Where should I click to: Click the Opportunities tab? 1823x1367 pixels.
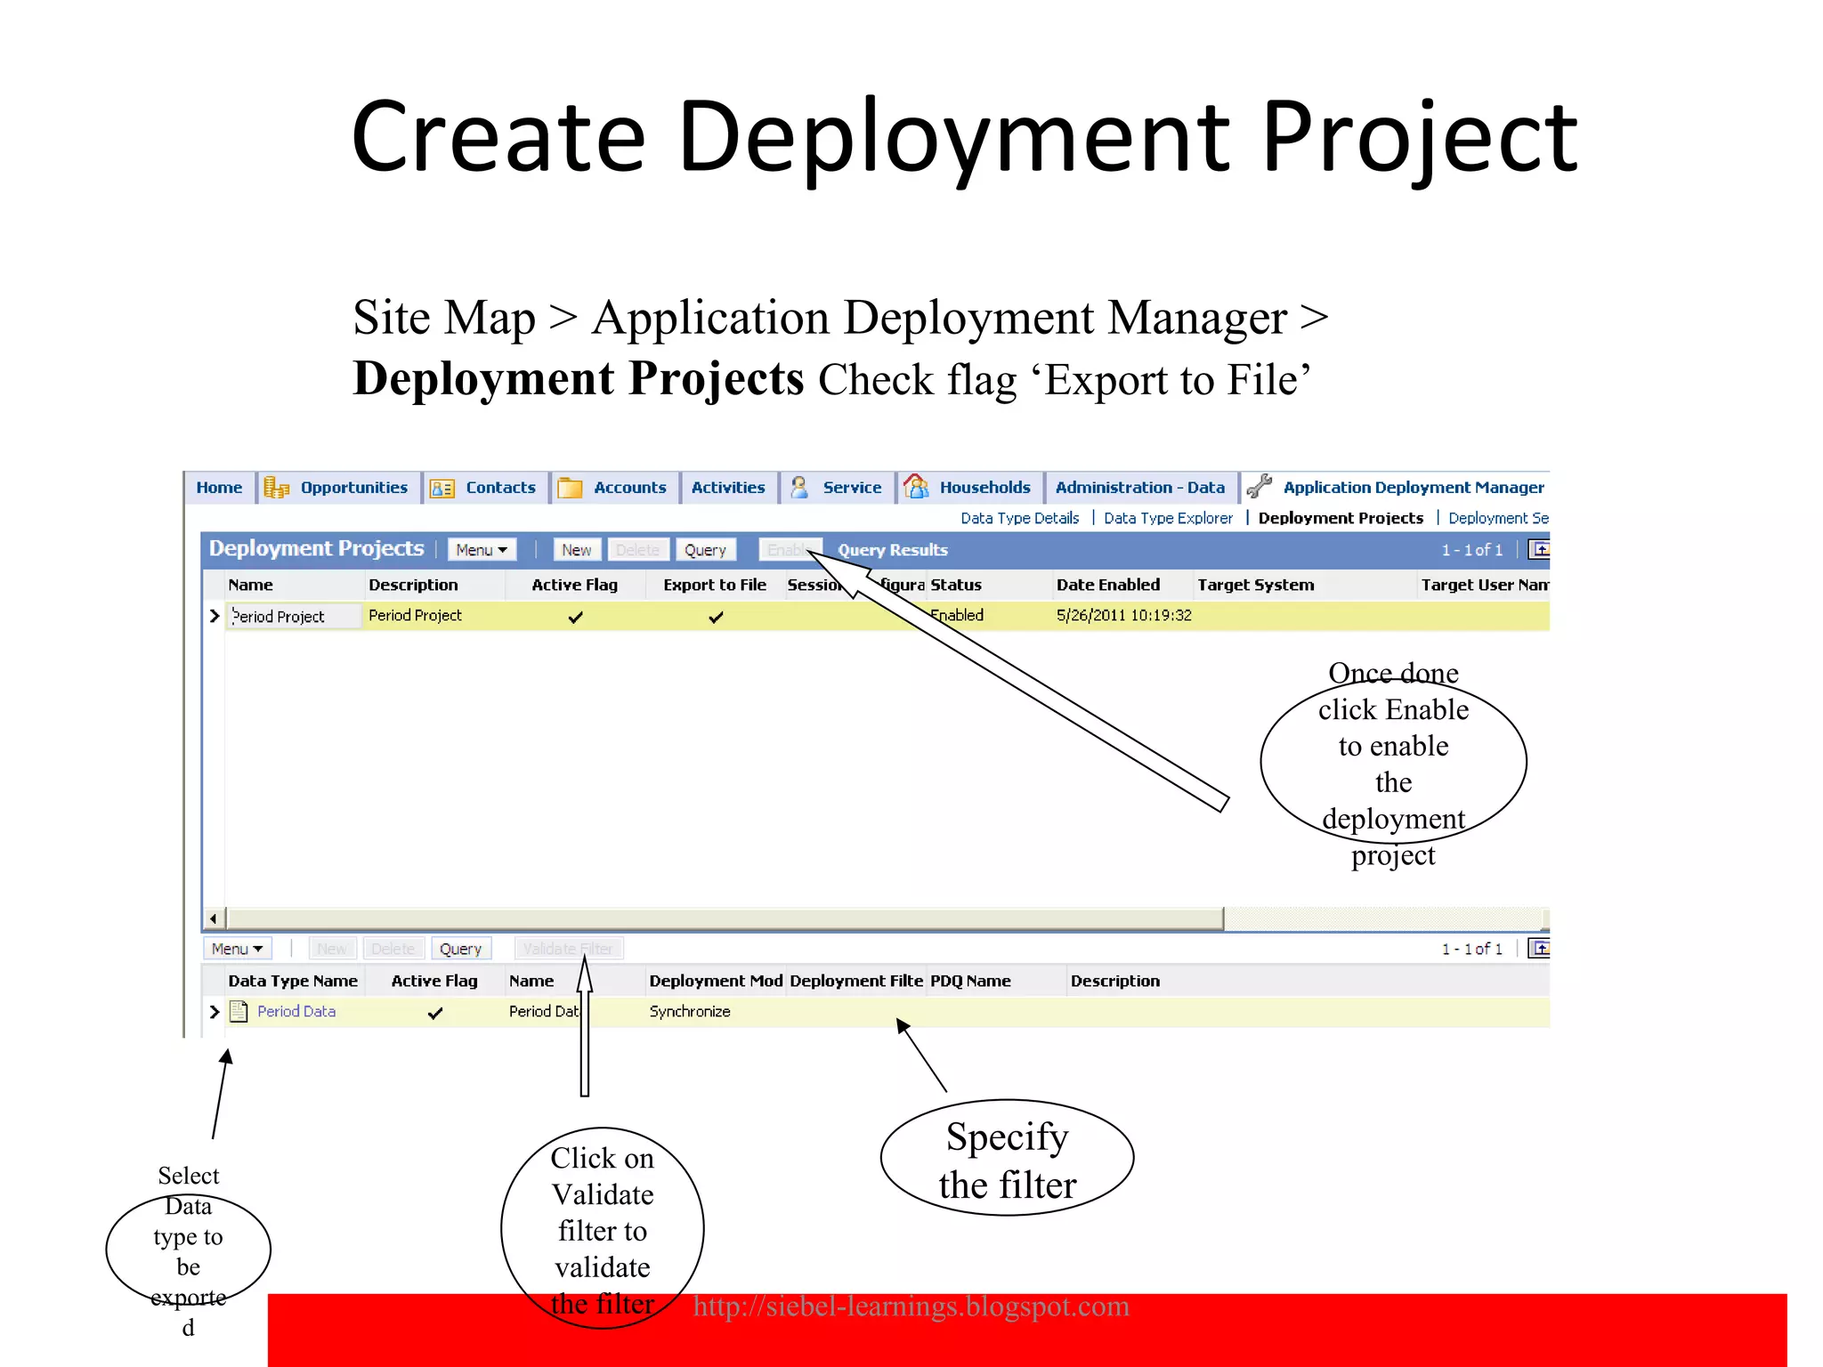352,488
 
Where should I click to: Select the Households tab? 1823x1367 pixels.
984,488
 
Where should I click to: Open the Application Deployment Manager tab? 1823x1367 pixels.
1413,488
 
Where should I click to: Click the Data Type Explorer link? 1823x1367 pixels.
1168,518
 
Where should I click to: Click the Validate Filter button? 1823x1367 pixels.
568,949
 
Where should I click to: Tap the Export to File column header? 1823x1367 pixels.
714,585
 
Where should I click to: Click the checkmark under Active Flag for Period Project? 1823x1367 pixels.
576,617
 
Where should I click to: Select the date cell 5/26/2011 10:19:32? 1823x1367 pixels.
1123,615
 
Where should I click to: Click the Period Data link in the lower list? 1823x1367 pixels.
296,1011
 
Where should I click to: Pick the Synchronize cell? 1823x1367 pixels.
690,1011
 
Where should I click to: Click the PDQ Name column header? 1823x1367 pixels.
970,981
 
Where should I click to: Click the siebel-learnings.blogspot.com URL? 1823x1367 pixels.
911,1306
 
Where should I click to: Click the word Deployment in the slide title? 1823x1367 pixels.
953,139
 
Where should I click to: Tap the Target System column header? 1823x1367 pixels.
1255,585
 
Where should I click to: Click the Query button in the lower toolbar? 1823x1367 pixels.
460,949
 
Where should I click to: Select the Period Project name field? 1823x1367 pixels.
294,617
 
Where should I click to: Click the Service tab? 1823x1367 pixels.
851,488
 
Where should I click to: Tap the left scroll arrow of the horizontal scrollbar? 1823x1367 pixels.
213,918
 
